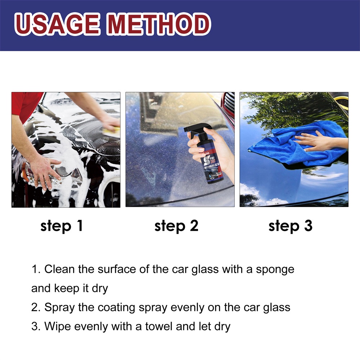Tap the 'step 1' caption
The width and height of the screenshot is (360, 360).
(x=62, y=226)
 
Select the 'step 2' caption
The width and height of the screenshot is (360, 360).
(x=176, y=226)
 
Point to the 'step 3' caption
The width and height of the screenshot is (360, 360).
(x=291, y=226)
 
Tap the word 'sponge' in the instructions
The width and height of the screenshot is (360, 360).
(x=275, y=270)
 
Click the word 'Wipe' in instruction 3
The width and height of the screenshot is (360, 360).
(x=56, y=327)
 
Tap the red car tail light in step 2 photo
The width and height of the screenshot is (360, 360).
(x=229, y=104)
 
